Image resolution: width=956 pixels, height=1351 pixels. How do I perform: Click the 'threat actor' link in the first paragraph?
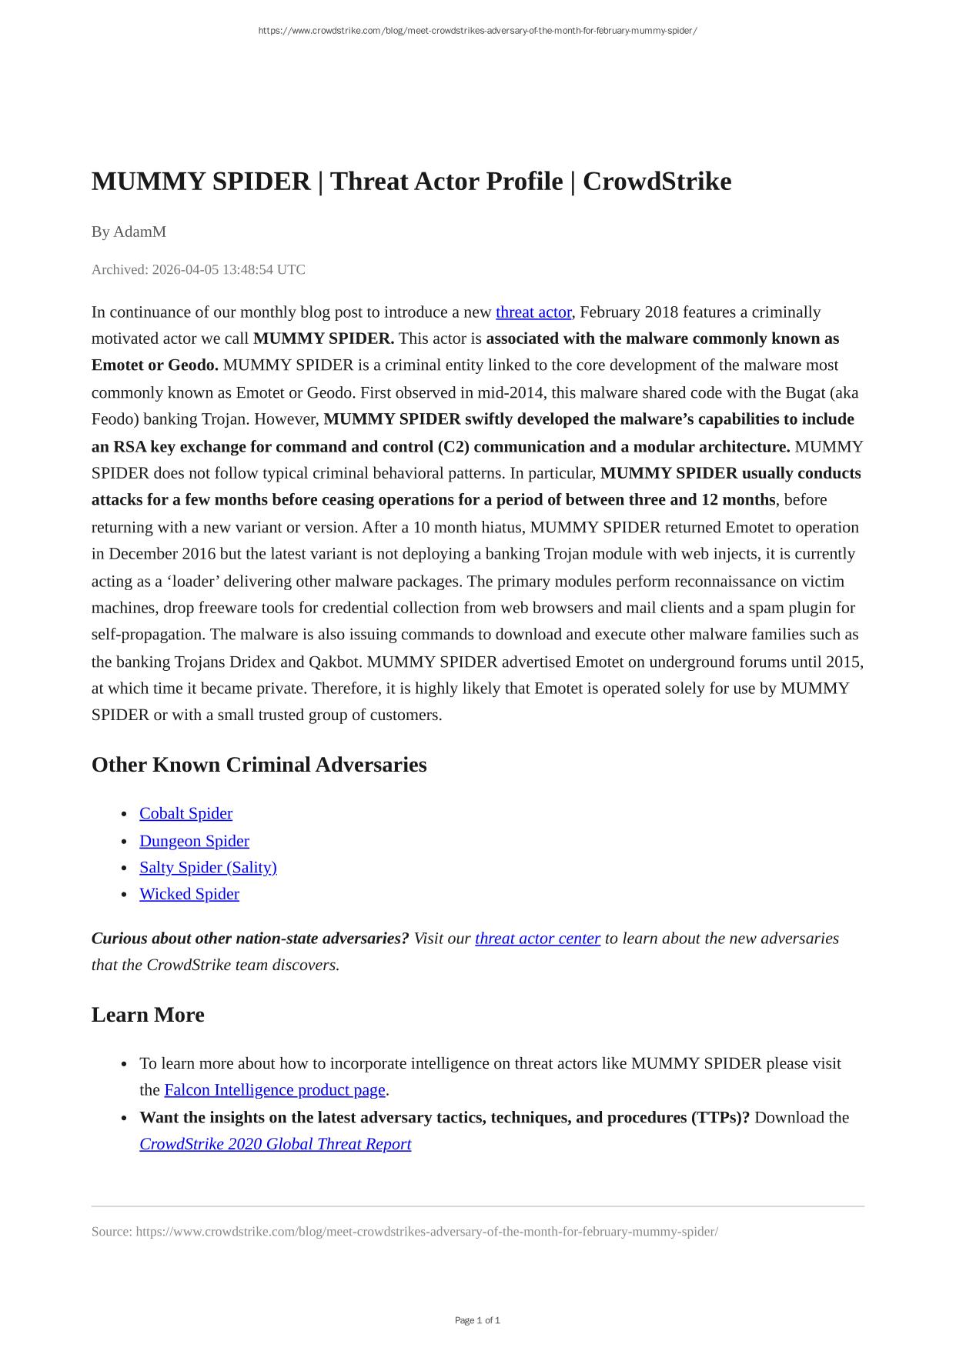533,312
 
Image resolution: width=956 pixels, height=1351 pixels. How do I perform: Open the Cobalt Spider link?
186,814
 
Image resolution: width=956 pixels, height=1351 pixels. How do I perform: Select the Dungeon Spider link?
194,841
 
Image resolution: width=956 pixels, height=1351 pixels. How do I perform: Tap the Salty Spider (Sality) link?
208,868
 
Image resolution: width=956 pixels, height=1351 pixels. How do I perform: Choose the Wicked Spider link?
189,894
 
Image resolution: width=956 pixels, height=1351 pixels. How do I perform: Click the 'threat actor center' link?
537,939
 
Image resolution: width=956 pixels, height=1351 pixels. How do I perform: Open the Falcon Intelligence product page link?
275,1090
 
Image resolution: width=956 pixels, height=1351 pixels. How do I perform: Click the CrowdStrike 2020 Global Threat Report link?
275,1144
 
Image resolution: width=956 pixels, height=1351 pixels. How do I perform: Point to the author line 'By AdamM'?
129,232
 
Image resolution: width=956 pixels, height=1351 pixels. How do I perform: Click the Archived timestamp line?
198,270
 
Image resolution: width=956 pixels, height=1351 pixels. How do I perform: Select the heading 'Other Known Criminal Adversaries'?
259,765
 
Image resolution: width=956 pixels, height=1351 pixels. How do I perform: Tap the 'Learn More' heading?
148,1015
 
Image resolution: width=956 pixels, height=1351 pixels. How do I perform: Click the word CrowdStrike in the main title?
657,182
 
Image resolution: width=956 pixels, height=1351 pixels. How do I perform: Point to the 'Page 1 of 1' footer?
477,1320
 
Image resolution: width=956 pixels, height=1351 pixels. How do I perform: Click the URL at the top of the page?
477,31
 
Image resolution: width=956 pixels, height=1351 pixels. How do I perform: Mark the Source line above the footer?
404,1232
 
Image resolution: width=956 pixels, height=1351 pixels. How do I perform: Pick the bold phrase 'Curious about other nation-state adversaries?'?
250,939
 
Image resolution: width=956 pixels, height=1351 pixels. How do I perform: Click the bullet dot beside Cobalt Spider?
124,815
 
